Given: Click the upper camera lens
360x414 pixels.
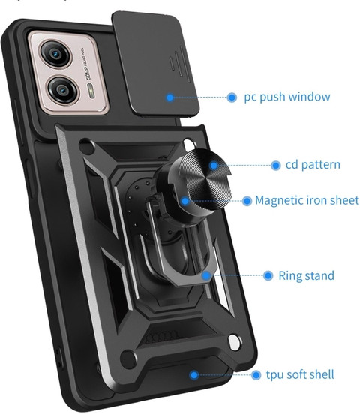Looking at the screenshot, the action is tap(55, 54).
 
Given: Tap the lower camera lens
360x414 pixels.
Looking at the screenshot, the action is tap(62, 90).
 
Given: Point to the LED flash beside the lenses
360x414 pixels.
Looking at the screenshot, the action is tap(91, 91).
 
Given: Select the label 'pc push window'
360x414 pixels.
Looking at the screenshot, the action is tap(286, 97).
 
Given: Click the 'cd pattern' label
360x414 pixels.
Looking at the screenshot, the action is tap(313, 165).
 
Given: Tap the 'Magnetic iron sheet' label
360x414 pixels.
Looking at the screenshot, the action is tap(307, 201).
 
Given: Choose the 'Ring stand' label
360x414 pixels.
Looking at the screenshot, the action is tap(307, 275).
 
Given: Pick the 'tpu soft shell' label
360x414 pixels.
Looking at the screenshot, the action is tap(300, 375).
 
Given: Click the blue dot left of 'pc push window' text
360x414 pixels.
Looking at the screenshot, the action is tap(232, 97).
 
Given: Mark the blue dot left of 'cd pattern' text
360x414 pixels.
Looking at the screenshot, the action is tap(276, 166).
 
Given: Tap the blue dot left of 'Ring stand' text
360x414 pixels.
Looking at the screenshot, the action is tap(268, 276).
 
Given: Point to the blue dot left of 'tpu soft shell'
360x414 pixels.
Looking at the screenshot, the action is tap(256, 375).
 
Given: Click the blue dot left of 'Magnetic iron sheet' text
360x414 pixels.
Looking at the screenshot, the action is tap(247, 201).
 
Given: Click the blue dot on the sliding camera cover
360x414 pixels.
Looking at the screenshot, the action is tap(170, 97).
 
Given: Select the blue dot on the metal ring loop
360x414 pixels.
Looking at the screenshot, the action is tap(206, 276).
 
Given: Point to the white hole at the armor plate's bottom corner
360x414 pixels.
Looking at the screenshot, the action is tap(234, 343).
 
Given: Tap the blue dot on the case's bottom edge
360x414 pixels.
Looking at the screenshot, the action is tap(194, 375).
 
